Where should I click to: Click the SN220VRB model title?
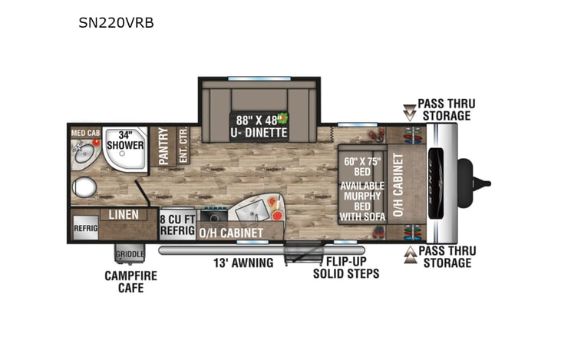pos(117,23)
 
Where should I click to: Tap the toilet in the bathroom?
pos(84,187)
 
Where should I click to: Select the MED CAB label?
pos(85,133)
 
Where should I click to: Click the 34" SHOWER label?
pos(125,139)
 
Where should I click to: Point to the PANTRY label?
pos(163,146)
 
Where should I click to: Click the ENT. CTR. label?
pos(182,146)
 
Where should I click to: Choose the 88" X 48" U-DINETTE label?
pos(259,126)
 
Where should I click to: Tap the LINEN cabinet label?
pos(123,214)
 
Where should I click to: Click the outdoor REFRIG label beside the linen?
pos(85,228)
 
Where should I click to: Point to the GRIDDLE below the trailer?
pos(128,254)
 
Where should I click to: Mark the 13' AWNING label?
pos(243,263)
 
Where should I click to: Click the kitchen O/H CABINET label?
pos(231,232)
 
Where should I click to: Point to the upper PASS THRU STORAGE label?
pos(444,110)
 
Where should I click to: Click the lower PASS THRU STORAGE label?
pos(444,256)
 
